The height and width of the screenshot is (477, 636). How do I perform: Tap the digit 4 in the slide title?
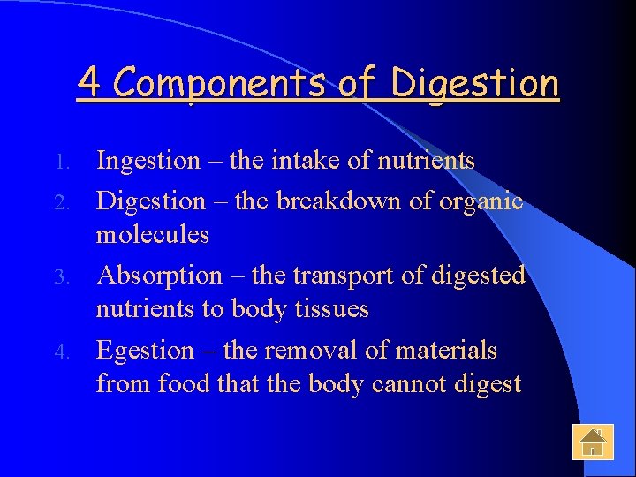(x=87, y=83)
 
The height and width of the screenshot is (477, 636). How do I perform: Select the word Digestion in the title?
(x=475, y=85)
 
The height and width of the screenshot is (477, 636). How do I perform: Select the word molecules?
(x=153, y=235)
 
